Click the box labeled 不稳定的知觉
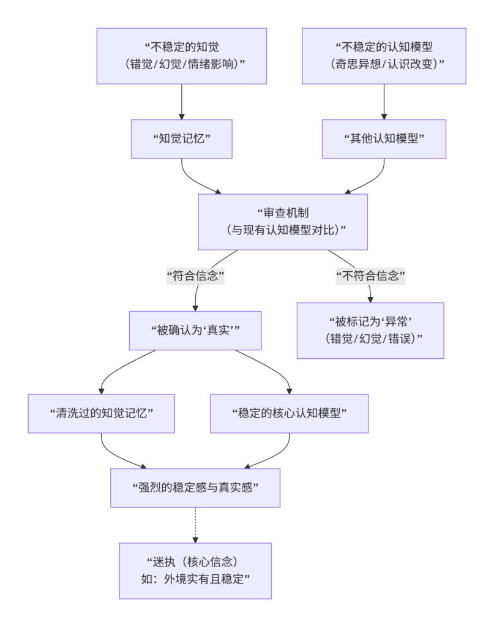[x=182, y=56]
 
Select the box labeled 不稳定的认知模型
[x=384, y=56]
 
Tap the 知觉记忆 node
[x=182, y=139]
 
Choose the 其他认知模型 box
[x=384, y=139]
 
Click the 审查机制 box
[x=283, y=222]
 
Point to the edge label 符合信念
[x=196, y=276]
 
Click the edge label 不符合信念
[x=371, y=276]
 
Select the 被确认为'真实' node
[x=195, y=330]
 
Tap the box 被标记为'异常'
[x=370, y=330]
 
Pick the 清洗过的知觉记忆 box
[x=101, y=413]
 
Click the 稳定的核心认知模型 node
[x=289, y=413]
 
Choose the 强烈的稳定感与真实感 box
[x=195, y=488]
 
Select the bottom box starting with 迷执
[x=195, y=570]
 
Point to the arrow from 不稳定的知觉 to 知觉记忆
[x=182, y=101]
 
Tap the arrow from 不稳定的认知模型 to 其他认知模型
[x=384, y=101]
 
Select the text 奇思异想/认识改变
[x=384, y=64]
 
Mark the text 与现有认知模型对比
[x=283, y=230]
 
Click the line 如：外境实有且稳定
[x=196, y=579]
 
